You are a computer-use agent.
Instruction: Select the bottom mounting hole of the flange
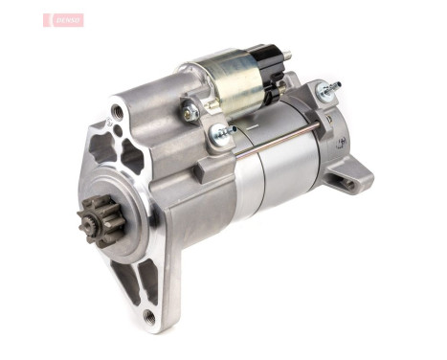[148, 316]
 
